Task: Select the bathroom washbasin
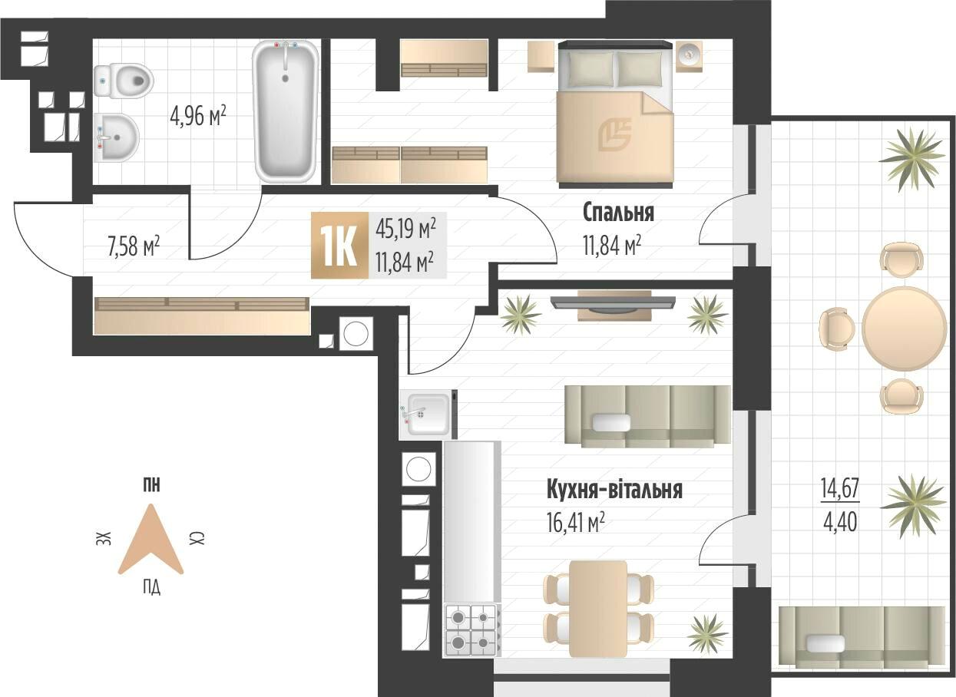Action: [117, 137]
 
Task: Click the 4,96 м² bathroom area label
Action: [198, 116]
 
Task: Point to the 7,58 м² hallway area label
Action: [134, 246]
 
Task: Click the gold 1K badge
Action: [339, 246]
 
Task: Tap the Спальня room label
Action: [618, 213]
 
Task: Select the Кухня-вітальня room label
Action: [614, 490]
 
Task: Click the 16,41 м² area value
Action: [576, 523]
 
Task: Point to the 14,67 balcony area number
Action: [840, 488]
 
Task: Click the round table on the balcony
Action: [904, 329]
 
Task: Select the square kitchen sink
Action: [428, 415]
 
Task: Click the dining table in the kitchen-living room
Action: [598, 609]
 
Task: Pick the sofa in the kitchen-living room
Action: [648, 416]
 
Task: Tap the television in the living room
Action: [614, 304]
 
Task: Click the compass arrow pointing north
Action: [151, 540]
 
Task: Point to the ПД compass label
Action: [151, 587]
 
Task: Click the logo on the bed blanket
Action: [614, 135]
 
